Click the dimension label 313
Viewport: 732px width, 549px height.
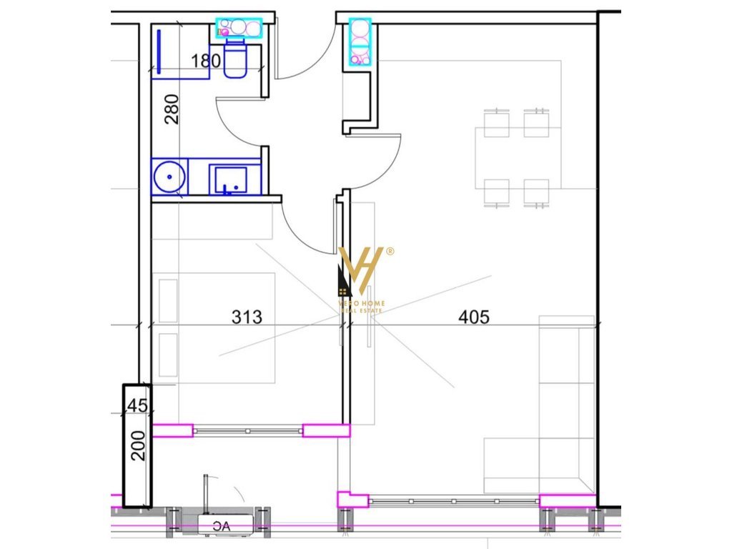click(247, 317)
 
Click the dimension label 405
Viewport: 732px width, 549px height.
click(474, 317)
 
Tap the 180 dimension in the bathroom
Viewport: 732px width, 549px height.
click(206, 61)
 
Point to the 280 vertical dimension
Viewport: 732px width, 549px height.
click(172, 109)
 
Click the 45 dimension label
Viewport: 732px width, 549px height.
click(137, 406)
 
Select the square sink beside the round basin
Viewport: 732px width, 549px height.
click(229, 179)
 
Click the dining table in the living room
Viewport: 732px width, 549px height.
click(517, 156)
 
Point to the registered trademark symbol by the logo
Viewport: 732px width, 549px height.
click(390, 251)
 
